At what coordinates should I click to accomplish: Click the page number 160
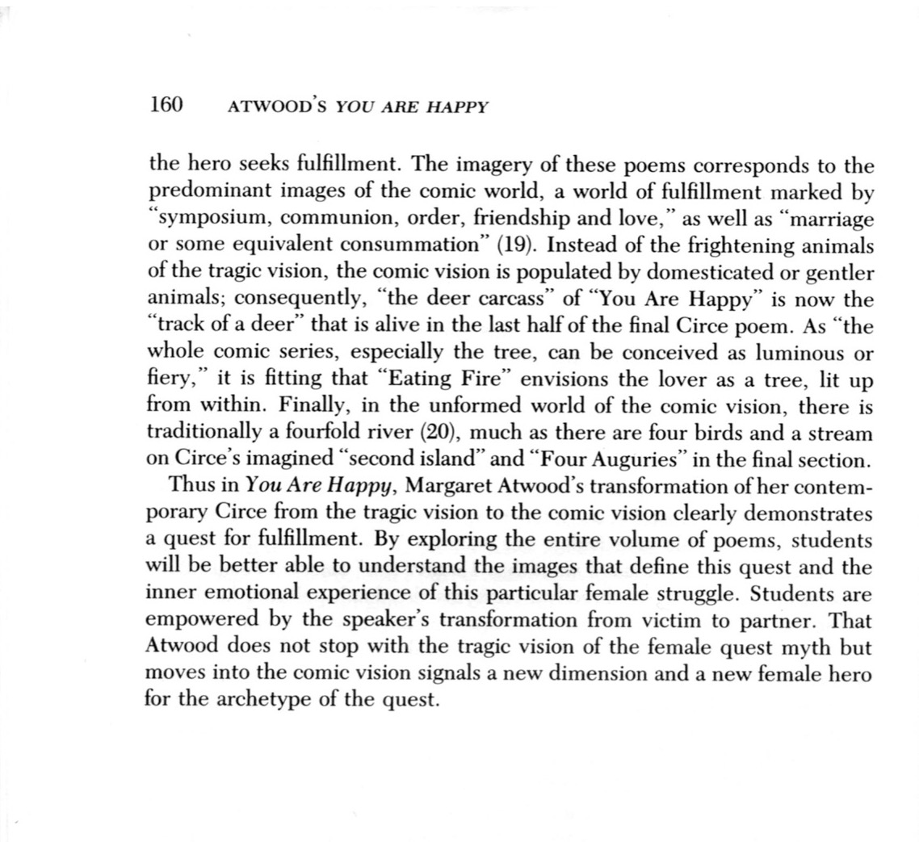pos(168,104)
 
